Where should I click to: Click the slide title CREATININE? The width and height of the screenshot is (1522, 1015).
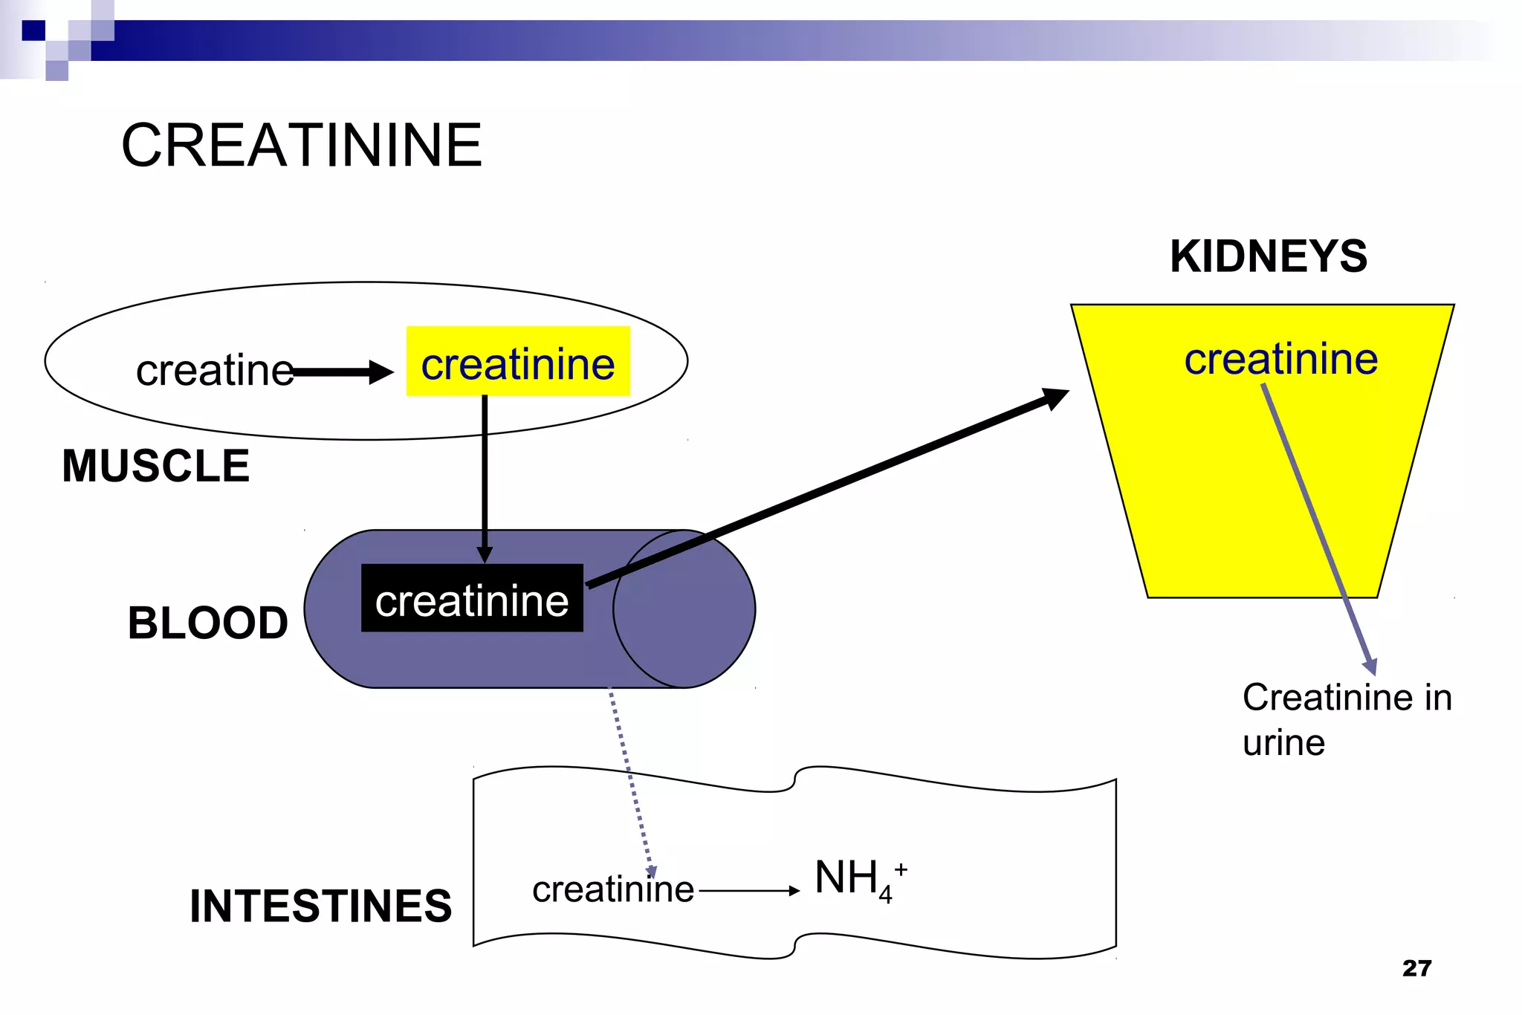click(x=302, y=146)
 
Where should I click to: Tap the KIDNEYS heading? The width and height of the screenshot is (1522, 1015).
click(x=1269, y=256)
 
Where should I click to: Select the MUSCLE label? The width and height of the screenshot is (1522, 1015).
click(x=155, y=466)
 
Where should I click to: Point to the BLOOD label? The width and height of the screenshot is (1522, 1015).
click(x=208, y=623)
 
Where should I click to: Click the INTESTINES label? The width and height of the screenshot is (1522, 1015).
click(x=320, y=906)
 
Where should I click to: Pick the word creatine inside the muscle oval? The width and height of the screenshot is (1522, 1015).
click(x=214, y=370)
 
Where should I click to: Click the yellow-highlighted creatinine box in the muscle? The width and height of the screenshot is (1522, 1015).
click(x=518, y=362)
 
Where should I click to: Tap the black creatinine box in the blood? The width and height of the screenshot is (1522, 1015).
click(x=472, y=599)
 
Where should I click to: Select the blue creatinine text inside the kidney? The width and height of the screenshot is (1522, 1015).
click(x=1280, y=359)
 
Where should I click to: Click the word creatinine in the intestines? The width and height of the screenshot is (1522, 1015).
click(x=612, y=889)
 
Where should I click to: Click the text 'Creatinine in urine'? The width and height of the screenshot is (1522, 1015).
click(x=1346, y=719)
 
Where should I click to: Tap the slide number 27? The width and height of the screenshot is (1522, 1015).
click(x=1416, y=968)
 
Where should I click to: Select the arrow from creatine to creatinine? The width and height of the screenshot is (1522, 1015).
click(x=343, y=372)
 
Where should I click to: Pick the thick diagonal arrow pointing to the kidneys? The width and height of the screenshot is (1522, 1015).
click(x=825, y=490)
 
